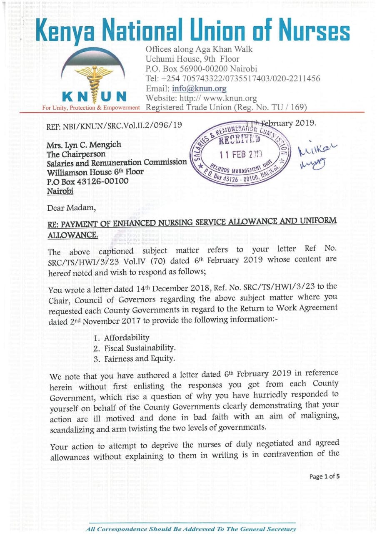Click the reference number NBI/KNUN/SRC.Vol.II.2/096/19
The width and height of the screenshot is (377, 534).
[115, 125]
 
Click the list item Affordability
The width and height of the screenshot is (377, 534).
[127, 338]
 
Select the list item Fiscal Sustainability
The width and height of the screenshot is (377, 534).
[140, 348]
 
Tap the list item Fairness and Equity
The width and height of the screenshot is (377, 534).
[139, 358]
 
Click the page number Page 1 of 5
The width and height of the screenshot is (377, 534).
[324, 477]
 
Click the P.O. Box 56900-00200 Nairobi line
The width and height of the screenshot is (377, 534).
[201, 68]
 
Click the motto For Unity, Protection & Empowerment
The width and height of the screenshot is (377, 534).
[91, 108]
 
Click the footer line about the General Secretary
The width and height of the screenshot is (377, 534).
[191, 529]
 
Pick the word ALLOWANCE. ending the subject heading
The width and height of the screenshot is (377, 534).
[73, 235]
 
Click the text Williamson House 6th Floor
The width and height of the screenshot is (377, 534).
[95, 172]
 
